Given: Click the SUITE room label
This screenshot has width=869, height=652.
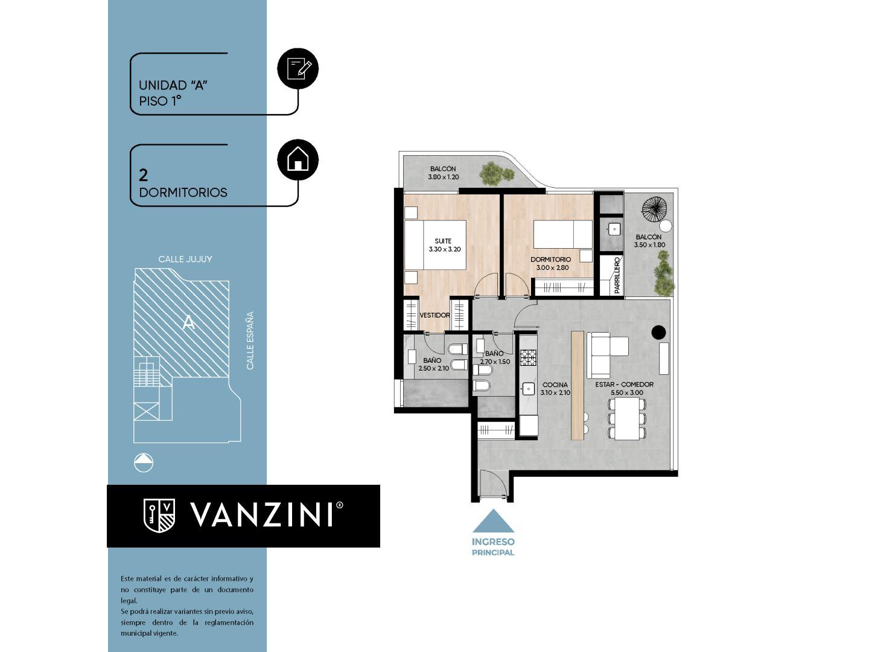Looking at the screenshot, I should [x=443, y=241].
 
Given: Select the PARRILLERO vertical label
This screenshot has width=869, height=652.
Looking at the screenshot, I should [x=617, y=276].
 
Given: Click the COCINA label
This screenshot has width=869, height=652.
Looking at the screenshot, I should [x=555, y=385].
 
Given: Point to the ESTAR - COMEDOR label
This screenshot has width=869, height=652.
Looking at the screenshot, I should [x=625, y=385].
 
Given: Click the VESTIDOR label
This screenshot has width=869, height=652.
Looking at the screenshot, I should [x=434, y=315].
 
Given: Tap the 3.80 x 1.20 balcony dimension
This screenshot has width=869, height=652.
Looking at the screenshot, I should [x=444, y=177].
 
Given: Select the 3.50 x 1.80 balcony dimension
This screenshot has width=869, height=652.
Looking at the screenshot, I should [x=649, y=245].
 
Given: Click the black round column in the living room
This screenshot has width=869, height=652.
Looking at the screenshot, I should [x=658, y=332].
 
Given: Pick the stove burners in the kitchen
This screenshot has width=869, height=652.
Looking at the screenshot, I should [x=529, y=358].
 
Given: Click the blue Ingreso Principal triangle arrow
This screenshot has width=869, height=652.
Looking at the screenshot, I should [x=493, y=521].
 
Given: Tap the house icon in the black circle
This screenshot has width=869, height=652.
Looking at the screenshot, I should [x=298, y=160].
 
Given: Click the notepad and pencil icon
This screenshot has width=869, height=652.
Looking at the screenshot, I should [x=298, y=68].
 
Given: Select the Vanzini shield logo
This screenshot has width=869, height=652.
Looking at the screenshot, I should [x=159, y=515].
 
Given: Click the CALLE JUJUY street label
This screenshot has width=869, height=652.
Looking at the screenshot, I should [x=185, y=259].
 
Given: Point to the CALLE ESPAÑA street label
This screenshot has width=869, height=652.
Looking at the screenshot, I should [x=250, y=340].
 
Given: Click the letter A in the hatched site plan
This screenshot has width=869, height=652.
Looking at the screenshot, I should [x=189, y=323].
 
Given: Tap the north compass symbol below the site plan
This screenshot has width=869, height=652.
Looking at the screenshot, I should [x=144, y=463].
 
